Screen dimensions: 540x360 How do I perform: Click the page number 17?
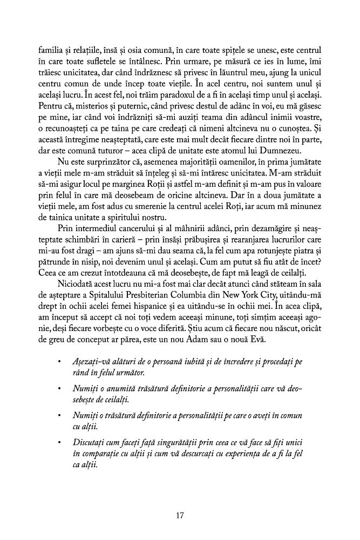coord(180,515)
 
